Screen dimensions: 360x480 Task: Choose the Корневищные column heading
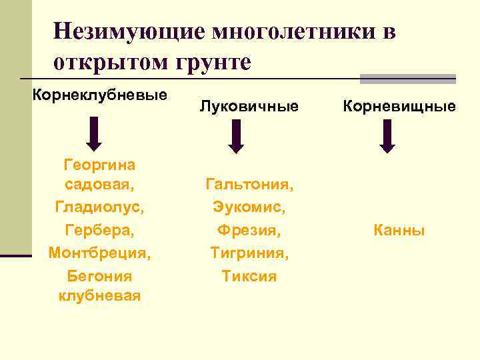[399, 106]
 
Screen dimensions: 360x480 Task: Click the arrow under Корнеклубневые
[95, 133]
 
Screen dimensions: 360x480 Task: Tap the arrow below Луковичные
[236, 136]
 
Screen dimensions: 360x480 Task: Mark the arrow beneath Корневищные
[387, 136]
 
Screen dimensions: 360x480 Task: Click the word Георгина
[99, 164]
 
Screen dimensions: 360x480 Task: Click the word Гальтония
[249, 183]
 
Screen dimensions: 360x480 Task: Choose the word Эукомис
[249, 207]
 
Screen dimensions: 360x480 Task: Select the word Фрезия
[249, 231]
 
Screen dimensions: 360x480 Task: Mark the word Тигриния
[249, 253]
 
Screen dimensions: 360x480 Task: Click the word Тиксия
[249, 276]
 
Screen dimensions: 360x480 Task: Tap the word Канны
[399, 231]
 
